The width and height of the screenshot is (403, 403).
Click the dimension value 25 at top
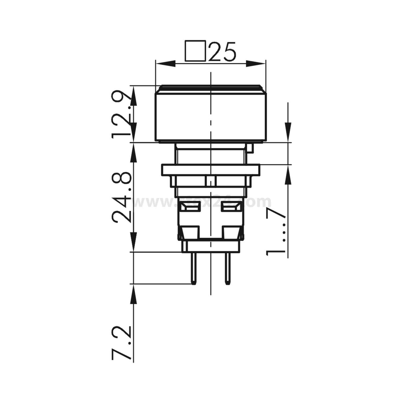click(x=222, y=51)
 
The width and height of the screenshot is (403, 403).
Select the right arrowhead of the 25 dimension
click(x=257, y=64)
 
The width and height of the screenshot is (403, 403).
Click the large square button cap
click(x=211, y=116)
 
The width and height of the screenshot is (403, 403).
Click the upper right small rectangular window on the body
click(x=230, y=207)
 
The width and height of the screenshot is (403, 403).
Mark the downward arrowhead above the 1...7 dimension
click(x=288, y=132)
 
